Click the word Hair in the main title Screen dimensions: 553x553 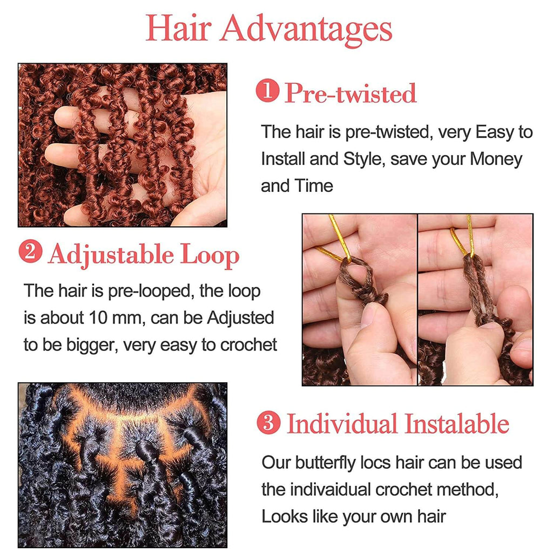[178, 28]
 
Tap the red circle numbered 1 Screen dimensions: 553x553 [268, 91]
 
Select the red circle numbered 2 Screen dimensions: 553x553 [30, 252]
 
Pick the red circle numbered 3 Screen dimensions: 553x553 [269, 422]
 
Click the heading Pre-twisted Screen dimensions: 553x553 [350, 93]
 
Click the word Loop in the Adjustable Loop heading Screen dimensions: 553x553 [210, 255]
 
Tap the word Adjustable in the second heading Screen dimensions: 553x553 [111, 255]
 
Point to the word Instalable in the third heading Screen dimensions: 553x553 [457, 423]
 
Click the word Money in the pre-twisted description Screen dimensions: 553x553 [496, 159]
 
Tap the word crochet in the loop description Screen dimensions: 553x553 [248, 345]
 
